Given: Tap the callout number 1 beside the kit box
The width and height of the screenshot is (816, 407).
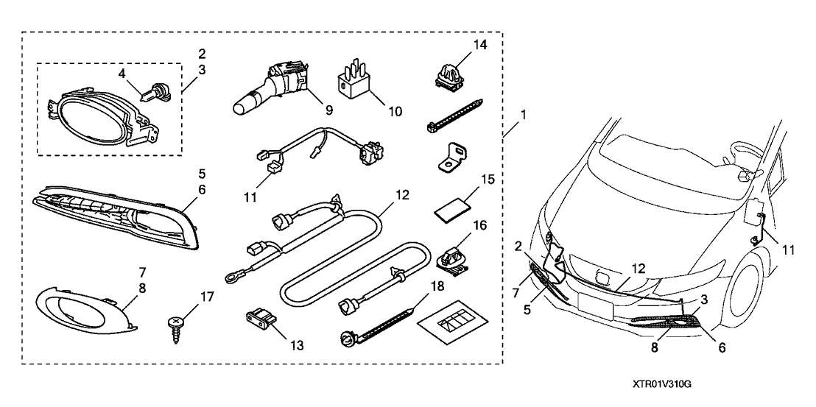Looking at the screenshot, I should click(524, 116).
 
